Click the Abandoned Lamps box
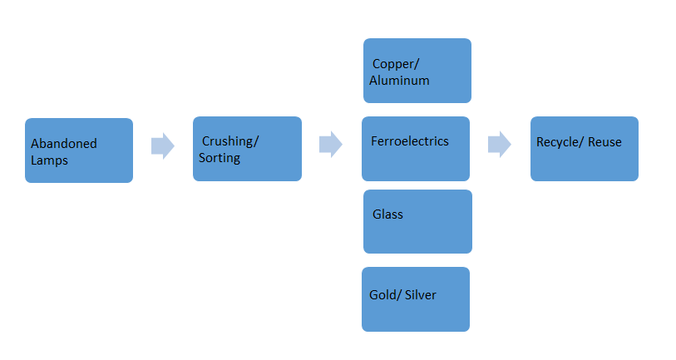[79, 150]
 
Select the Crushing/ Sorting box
[247, 149]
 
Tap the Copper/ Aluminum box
[417, 71]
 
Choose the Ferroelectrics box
[416, 149]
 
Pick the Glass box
[417, 222]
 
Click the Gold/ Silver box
[416, 299]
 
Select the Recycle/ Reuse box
[585, 149]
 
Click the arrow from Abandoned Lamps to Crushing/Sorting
[163, 145]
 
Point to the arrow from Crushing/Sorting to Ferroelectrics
[331, 144]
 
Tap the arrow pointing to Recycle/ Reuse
[500, 144]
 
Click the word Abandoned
[64, 143]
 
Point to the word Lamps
[49, 160]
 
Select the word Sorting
[220, 158]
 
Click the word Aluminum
[399, 80]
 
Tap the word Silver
[421, 295]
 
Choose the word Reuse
[604, 142]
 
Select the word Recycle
[557, 142]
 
